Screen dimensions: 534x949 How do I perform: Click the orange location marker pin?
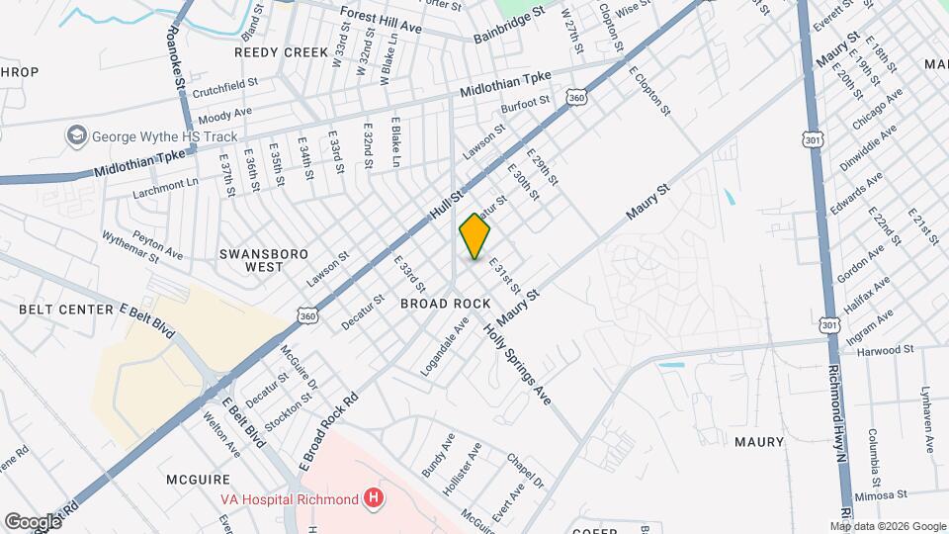click(474, 237)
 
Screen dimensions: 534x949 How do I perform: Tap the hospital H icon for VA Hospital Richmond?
click(373, 498)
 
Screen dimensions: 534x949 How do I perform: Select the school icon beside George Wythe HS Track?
click(75, 134)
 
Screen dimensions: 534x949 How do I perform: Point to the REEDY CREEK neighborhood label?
click(274, 51)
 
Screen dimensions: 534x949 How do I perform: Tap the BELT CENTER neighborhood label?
click(65, 310)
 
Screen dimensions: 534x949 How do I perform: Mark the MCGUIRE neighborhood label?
click(199, 479)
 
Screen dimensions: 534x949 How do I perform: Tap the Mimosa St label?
click(882, 493)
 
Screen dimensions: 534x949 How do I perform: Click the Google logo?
click(32, 521)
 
